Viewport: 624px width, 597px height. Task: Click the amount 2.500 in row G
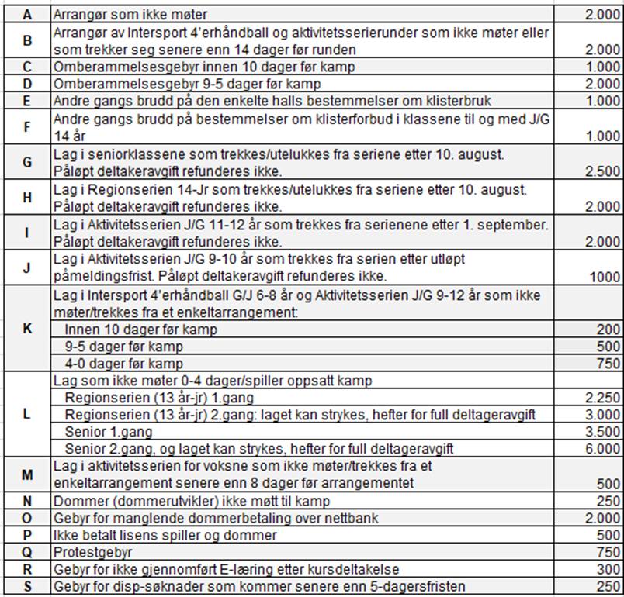tap(603, 171)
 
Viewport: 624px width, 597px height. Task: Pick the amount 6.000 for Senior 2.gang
tap(603, 450)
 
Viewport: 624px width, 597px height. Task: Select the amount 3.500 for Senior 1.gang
tap(603, 432)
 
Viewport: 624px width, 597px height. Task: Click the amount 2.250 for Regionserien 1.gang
tap(603, 398)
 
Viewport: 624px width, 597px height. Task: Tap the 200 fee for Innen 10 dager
tap(608, 330)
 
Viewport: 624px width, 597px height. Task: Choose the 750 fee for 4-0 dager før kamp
tap(608, 364)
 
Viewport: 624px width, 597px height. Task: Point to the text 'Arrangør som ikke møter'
tap(130, 15)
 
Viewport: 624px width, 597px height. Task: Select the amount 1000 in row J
tap(605, 277)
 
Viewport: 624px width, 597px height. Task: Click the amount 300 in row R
tap(608, 569)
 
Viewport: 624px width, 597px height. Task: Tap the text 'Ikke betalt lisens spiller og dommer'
tap(165, 535)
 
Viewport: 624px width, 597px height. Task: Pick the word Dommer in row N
tap(77, 501)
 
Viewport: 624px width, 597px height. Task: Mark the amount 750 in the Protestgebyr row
tap(608, 552)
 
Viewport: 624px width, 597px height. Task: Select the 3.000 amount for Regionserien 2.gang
tap(603, 415)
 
